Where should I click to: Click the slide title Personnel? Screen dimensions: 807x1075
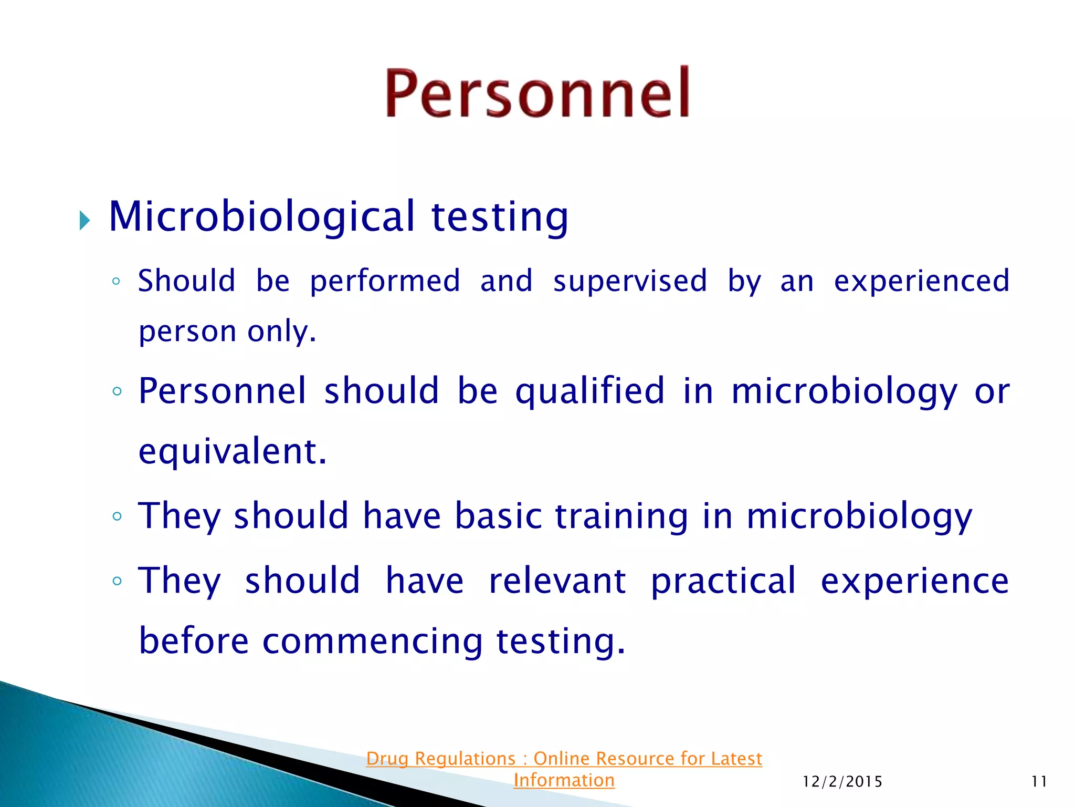537,92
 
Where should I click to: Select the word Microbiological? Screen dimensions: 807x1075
262,216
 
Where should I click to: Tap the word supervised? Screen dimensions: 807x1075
630,281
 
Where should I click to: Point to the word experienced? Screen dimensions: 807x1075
921,281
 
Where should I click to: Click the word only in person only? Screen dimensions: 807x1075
281,332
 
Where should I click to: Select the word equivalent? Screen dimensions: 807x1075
232,451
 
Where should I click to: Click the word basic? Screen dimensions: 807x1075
498,516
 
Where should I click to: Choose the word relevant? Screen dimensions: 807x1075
557,581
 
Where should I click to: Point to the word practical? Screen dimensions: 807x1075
723,582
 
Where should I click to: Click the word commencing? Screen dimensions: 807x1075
372,643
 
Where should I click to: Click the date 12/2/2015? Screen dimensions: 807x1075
842,782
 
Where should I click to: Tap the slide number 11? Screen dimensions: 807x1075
1039,782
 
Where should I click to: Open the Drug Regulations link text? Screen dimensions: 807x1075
564,759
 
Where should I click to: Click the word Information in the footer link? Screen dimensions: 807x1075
564,780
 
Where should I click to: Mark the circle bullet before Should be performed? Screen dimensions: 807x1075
117,282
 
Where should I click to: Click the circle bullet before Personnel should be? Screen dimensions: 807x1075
117,391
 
